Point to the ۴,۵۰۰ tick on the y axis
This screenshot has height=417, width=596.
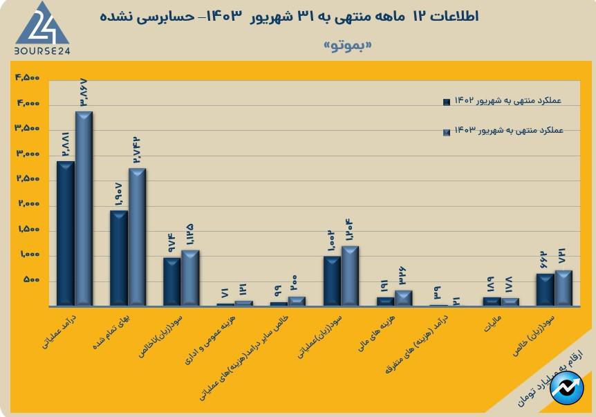27,77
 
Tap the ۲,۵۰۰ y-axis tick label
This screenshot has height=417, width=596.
27,179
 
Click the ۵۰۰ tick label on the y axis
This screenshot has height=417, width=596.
32,281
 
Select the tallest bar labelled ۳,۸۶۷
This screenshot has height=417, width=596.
84,207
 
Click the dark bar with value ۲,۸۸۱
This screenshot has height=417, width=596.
66,233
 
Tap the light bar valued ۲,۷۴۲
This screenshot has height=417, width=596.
138,237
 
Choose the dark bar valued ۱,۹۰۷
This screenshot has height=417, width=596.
119,257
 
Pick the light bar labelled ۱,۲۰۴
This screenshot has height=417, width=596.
351,275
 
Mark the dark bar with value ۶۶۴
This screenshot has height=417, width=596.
546,289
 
